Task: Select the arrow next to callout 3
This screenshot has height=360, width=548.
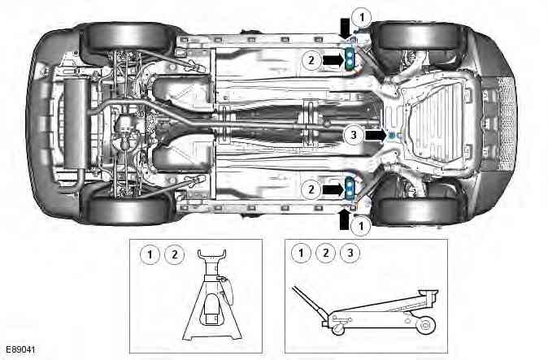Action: click(374, 136)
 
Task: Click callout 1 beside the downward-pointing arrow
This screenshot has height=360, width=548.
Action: click(363, 15)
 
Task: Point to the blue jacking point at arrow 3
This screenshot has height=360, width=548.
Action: click(391, 135)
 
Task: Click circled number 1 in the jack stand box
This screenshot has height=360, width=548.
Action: click(148, 254)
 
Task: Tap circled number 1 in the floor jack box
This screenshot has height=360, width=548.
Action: click(302, 253)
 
